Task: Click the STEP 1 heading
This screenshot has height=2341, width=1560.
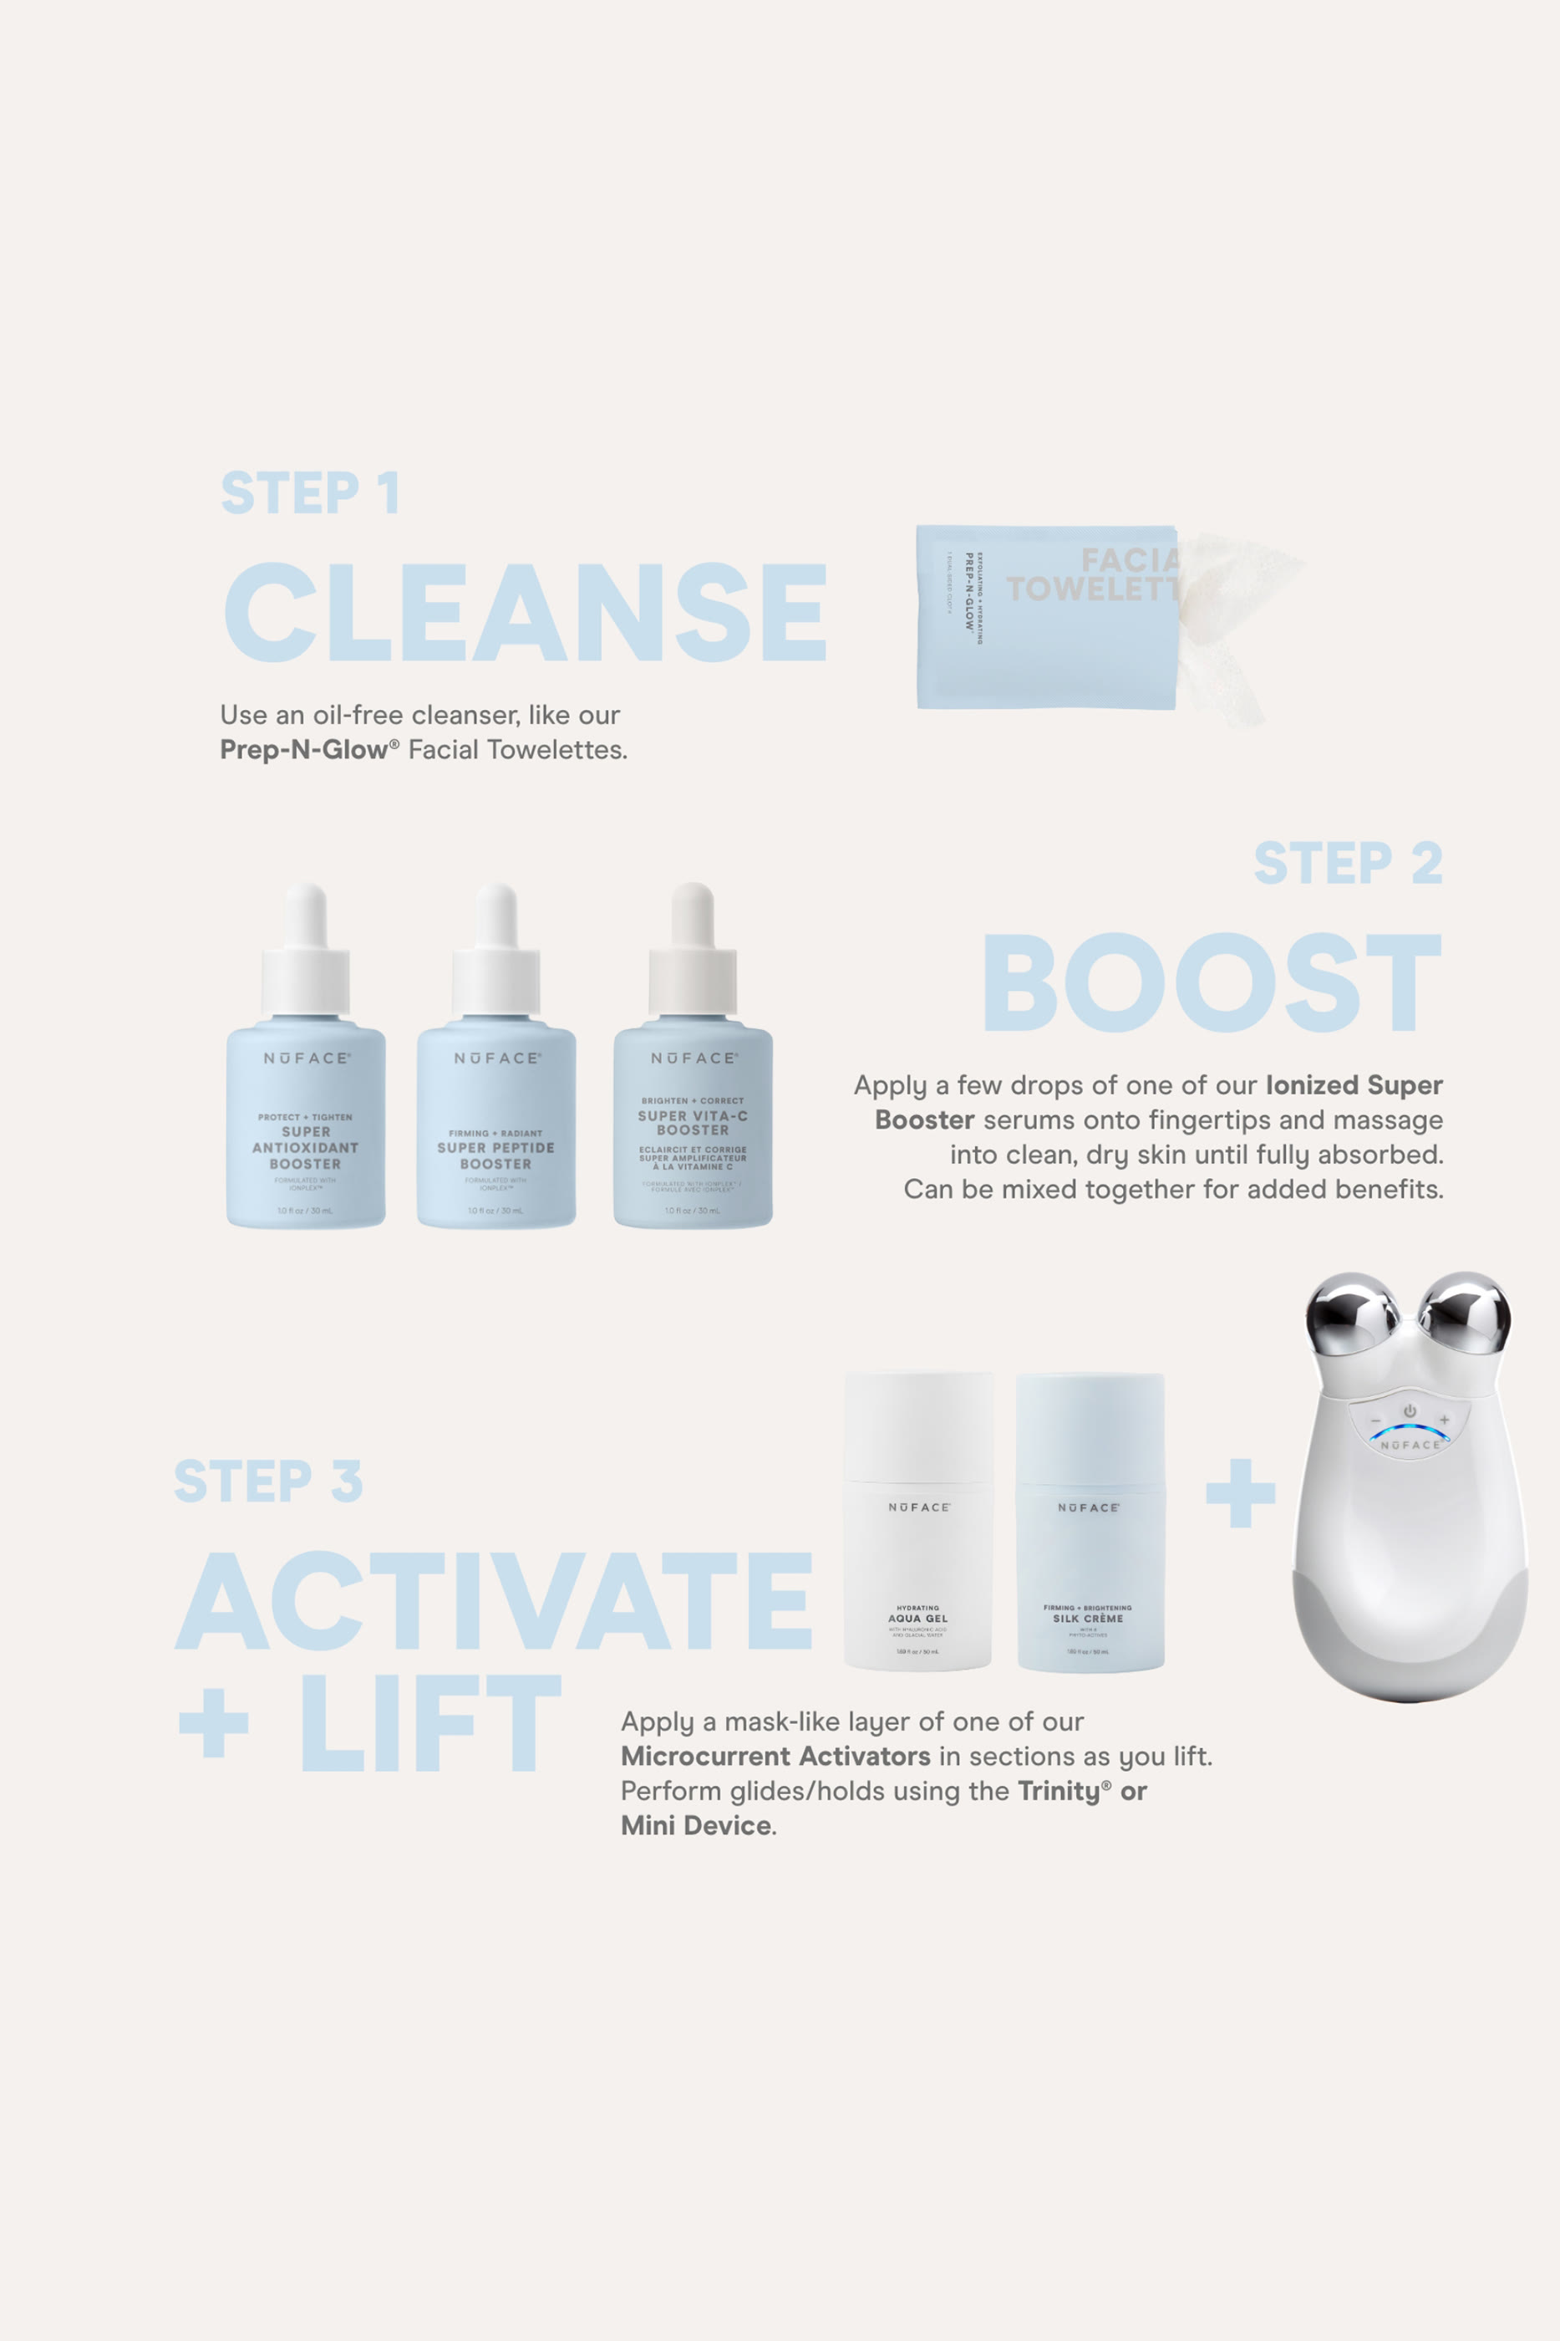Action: click(309, 492)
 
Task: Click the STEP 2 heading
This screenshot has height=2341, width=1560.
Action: click(1347, 863)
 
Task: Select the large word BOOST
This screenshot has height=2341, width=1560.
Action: click(1211, 982)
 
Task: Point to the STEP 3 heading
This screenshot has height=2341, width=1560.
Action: click(267, 1481)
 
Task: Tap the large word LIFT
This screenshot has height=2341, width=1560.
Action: click(429, 1723)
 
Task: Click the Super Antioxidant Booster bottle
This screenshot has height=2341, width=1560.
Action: click(306, 1125)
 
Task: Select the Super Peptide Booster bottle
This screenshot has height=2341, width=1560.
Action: click(495, 1125)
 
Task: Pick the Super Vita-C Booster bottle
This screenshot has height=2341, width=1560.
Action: click(693, 1125)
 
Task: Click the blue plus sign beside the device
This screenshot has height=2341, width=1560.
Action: click(1240, 1492)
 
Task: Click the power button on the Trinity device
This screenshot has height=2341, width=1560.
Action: click(1410, 1411)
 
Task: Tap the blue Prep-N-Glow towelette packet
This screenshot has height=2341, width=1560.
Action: click(1044, 617)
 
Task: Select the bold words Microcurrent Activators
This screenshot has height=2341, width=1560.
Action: click(775, 1756)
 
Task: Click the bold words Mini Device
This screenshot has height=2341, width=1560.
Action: click(696, 1825)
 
